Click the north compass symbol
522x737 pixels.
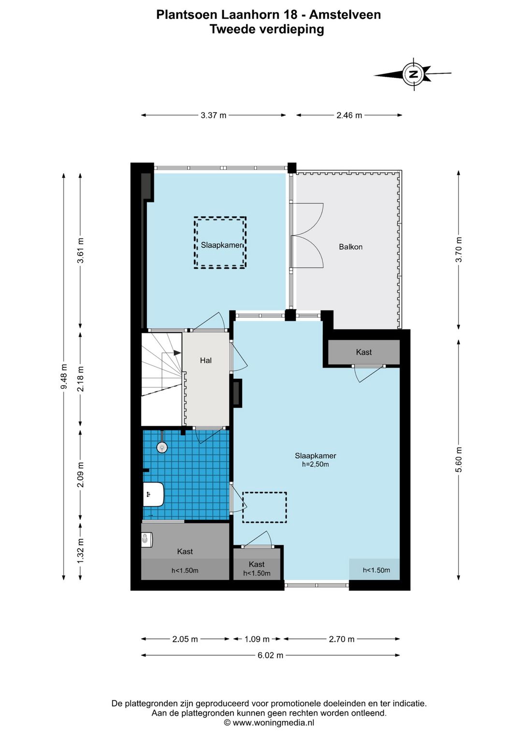tap(412, 74)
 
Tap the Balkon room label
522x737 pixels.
tap(350, 247)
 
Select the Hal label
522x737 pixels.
tap(206, 360)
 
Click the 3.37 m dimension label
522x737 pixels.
tap(214, 115)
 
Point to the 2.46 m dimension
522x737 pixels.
tap(349, 115)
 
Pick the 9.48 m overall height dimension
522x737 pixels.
tap(64, 376)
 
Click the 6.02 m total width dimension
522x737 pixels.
tap(270, 655)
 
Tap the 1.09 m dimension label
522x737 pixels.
tap(257, 639)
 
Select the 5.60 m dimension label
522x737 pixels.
tap(459, 459)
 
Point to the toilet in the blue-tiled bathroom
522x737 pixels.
tap(153, 494)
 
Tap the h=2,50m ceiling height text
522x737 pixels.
tap(316, 464)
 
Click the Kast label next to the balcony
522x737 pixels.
tap(363, 352)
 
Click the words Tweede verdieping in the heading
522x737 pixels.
tap(267, 29)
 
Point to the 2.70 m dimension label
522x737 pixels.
tap(342, 639)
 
